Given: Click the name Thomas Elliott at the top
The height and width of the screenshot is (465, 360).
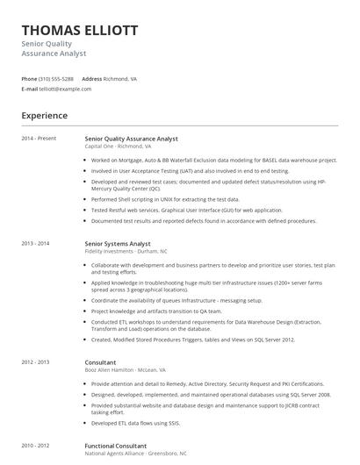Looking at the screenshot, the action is pyautogui.click(x=79, y=30).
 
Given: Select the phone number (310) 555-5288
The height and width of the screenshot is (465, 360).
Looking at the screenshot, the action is pyautogui.click(x=56, y=78).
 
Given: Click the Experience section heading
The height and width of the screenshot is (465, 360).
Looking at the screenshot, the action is pyautogui.click(x=44, y=115).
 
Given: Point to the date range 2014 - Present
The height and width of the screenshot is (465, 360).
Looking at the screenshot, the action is pyautogui.click(x=39, y=138).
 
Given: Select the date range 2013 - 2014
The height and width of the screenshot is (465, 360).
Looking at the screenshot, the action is pyautogui.click(x=35, y=243).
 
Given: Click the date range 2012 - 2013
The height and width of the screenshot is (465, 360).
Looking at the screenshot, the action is pyautogui.click(x=35, y=361).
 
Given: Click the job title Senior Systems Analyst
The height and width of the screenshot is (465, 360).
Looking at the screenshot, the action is pyautogui.click(x=118, y=243).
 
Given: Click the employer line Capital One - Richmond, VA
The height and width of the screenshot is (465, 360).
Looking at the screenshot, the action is pyautogui.click(x=118, y=147).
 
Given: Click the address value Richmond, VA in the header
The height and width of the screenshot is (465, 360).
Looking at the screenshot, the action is pyautogui.click(x=120, y=78).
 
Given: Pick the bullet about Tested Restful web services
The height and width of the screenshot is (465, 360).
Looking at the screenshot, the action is pyautogui.click(x=186, y=211).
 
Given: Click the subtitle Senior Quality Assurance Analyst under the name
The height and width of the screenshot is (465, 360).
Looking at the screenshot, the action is pyautogui.click(x=53, y=48).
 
